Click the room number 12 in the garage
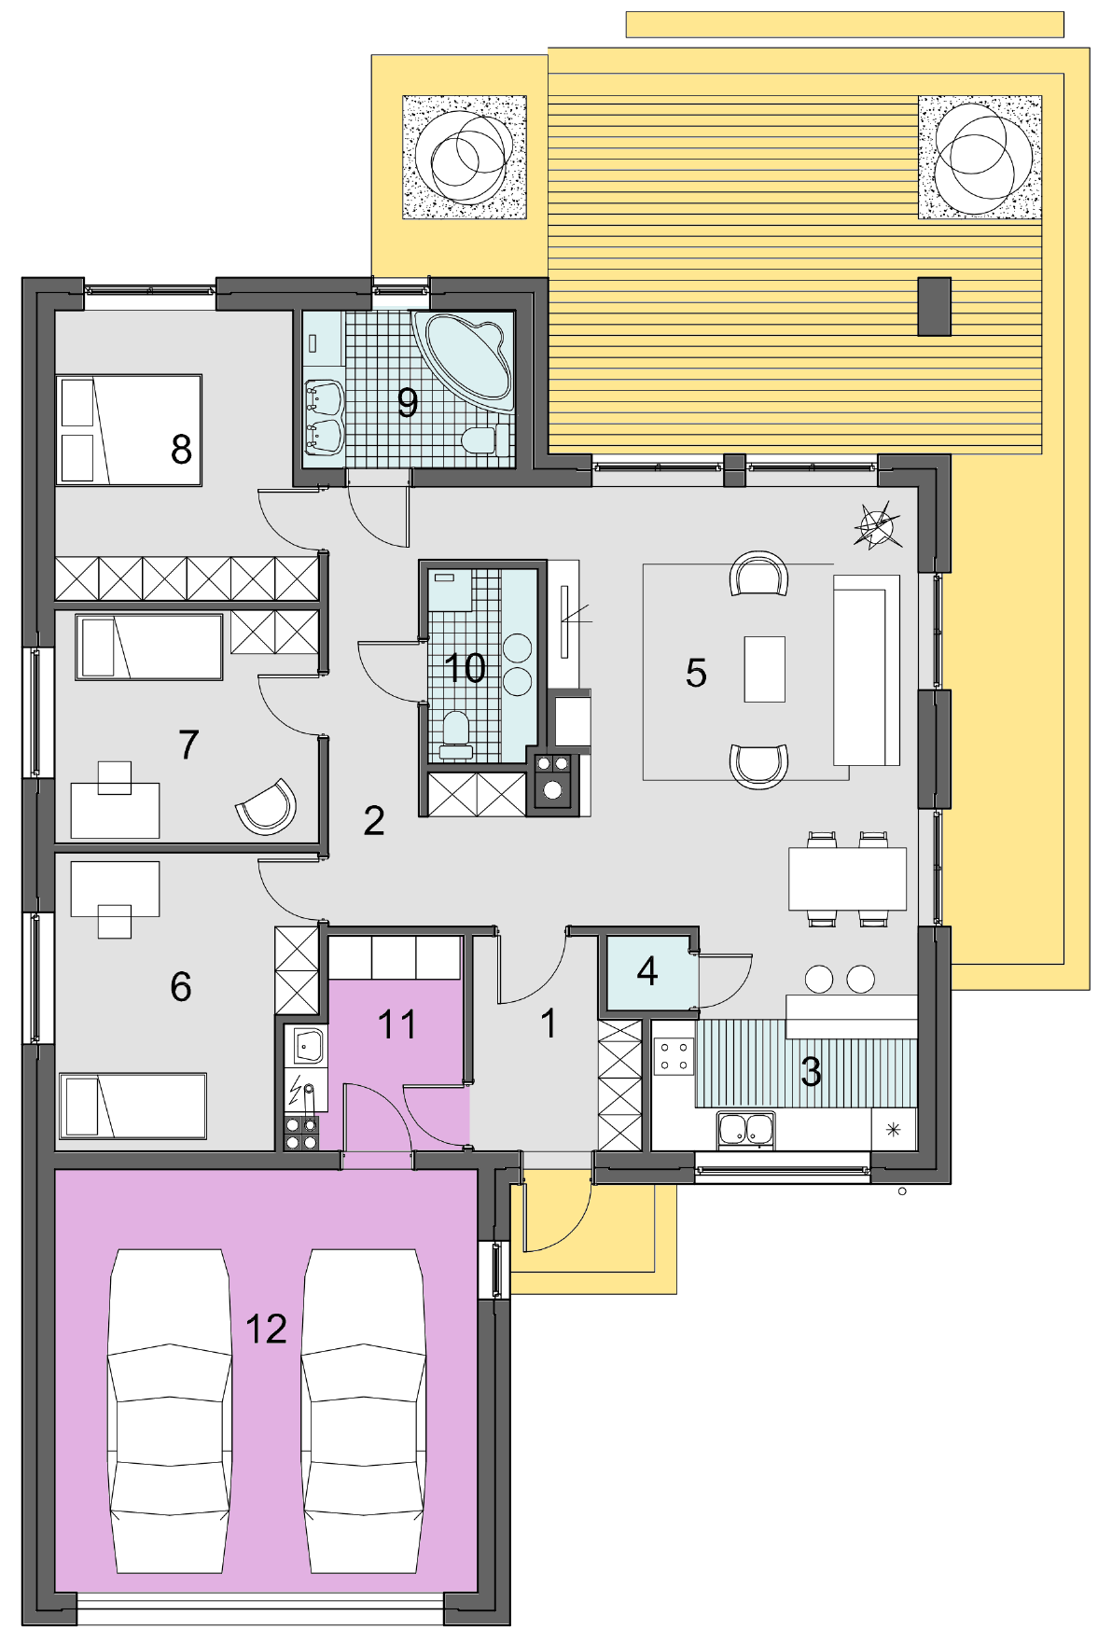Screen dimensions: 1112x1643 266,1329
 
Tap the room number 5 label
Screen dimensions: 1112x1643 696,673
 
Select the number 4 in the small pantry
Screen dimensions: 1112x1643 647,971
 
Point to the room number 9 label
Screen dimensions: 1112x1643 408,402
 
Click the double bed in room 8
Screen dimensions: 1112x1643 129,430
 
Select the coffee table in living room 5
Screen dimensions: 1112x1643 764,669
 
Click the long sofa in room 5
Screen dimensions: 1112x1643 867,670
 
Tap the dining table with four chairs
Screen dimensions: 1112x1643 847,878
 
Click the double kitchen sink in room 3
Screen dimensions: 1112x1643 745,1129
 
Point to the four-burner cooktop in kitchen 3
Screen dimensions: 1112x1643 674,1055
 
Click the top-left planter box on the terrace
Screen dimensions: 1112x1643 465,157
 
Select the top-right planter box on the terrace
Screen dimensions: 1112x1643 980,157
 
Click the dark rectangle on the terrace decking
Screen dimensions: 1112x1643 935,306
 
